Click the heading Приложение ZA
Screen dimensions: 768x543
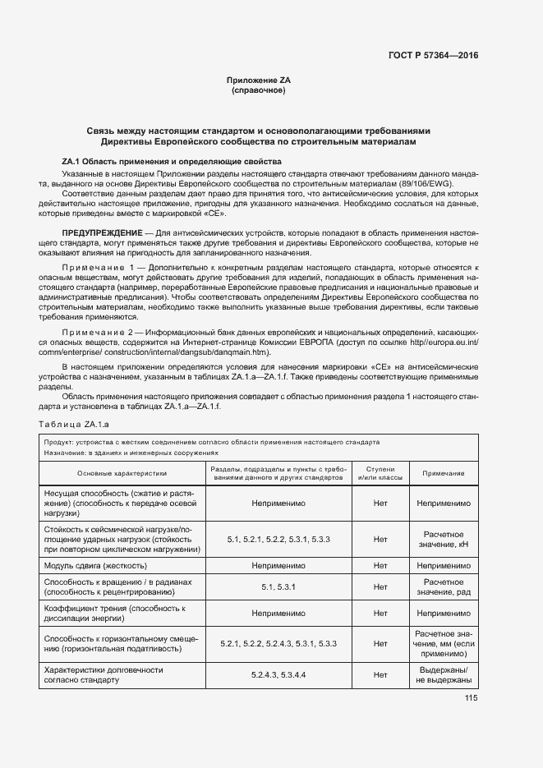tap(259, 80)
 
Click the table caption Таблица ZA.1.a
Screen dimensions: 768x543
tap(74, 424)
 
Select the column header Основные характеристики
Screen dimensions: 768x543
tap(122, 473)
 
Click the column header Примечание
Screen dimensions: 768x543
tap(444, 473)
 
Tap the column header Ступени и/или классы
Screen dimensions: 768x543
tap(380, 473)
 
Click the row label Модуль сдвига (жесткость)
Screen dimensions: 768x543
tap(96, 566)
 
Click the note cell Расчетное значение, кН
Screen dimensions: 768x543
tap(444, 540)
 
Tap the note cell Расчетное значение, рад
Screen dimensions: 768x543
tap(444, 587)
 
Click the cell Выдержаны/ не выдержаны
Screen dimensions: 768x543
tap(444, 674)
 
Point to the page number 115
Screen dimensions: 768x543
tap(471, 699)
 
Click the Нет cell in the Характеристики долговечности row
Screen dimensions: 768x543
tap(380, 674)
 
